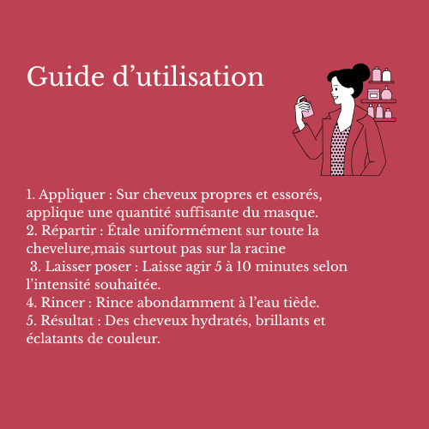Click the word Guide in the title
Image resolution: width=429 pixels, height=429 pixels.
65,76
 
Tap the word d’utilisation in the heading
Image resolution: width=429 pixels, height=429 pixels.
188,76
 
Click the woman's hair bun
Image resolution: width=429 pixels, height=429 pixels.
361,72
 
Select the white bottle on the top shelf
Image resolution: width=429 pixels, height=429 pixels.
386,75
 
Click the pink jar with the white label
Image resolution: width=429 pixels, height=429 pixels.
373,94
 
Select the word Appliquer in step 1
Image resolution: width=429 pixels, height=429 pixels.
72,196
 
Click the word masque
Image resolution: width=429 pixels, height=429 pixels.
291,214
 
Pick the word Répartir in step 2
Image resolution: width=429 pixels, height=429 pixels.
69,231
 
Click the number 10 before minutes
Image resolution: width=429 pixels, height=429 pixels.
244,267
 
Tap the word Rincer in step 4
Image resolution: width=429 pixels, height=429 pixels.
63,303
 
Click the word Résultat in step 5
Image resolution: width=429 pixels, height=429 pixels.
67,320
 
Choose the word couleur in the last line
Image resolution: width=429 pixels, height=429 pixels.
134,339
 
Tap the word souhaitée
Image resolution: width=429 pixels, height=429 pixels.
128,285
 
